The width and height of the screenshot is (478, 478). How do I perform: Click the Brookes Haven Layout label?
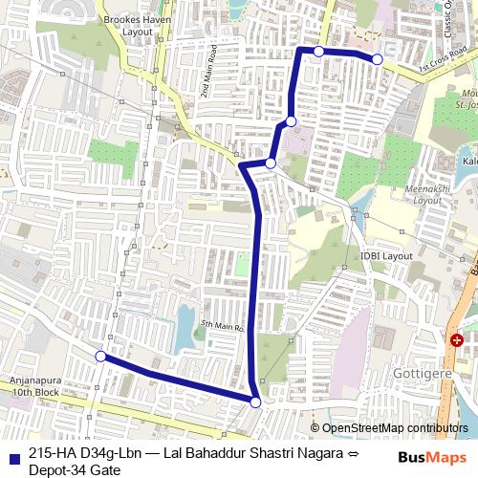129,25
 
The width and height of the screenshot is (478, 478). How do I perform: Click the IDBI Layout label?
386,257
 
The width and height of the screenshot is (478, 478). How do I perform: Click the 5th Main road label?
224,325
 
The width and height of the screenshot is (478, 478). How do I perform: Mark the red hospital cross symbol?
458,339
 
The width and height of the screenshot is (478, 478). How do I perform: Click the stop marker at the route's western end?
100,357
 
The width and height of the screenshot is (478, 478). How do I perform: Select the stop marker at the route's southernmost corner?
255,403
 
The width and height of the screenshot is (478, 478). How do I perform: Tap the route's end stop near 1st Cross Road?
378,59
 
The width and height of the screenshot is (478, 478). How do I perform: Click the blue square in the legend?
11,454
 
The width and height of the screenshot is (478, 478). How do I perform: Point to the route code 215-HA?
55,454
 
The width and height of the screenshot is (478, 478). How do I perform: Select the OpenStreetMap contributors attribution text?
394,427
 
